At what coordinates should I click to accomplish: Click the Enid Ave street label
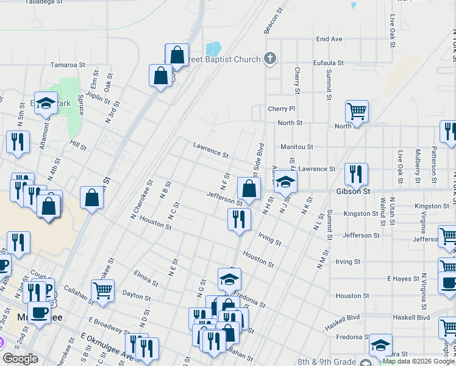pyautogui.click(x=329, y=39)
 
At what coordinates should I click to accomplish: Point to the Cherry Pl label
pyautogui.click(x=281, y=109)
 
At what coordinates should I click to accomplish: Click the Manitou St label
pyautogui.click(x=296, y=147)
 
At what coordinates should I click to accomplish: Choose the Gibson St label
pyautogui.click(x=353, y=192)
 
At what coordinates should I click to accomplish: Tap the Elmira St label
pyautogui.click(x=146, y=282)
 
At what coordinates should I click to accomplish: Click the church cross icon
pyautogui.click(x=270, y=59)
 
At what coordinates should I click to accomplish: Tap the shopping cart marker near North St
pyautogui.click(x=357, y=112)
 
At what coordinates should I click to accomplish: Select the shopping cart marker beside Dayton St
pyautogui.click(x=102, y=291)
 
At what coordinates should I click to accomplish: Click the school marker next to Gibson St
pyautogui.click(x=285, y=181)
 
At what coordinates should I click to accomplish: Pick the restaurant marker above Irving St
pyautogui.click(x=239, y=219)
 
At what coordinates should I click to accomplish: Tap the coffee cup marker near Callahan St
pyautogui.click(x=40, y=312)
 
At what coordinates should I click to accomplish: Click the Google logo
pyautogui.click(x=20, y=359)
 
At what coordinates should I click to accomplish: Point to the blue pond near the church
pyautogui.click(x=213, y=48)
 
